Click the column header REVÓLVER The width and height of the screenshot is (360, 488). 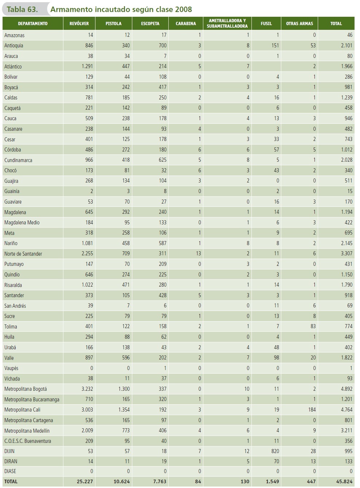click(79, 24)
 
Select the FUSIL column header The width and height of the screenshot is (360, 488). click(266, 24)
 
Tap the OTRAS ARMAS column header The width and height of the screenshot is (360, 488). click(300, 24)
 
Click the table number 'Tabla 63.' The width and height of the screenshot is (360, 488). click(22, 9)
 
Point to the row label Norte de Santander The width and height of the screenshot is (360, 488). click(23, 254)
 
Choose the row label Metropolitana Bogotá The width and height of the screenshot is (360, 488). click(26, 389)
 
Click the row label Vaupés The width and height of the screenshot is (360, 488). click(11, 368)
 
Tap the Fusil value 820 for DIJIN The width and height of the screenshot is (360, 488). click(275, 451)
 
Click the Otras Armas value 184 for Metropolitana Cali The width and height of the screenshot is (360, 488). click(312, 410)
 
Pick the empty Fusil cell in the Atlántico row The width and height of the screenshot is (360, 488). click(266, 67)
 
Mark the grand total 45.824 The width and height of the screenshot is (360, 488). click(344, 481)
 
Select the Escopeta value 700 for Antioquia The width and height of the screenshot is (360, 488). click(163, 46)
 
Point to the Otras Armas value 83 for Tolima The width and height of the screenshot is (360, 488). click(313, 327)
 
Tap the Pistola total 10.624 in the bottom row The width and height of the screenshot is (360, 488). click(122, 481)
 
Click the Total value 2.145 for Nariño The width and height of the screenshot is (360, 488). click(347, 243)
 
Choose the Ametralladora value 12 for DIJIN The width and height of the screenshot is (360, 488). click(247, 451)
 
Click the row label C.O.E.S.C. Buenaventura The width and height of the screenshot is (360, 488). click(28, 441)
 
